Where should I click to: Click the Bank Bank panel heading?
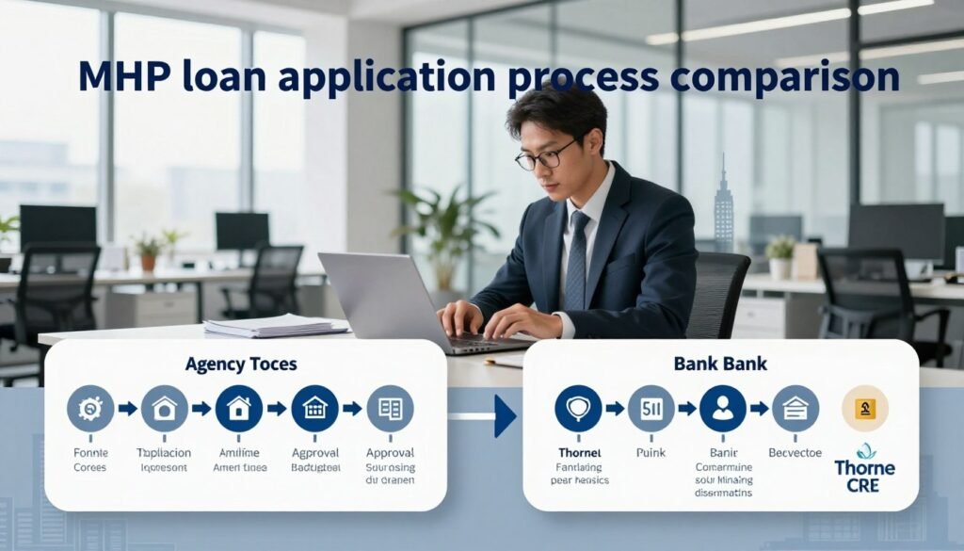tap(720, 363)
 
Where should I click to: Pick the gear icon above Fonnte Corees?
tap(90, 409)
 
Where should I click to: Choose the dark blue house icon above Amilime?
tap(239, 409)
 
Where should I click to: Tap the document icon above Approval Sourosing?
tap(390, 409)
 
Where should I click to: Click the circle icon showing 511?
tap(651, 409)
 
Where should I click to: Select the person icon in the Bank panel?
tap(722, 409)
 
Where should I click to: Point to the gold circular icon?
tap(865, 409)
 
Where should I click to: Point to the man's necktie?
tap(576, 260)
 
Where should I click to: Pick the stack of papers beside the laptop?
tap(273, 327)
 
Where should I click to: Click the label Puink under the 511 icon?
tap(651, 453)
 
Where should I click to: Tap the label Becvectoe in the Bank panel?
tap(795, 453)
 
